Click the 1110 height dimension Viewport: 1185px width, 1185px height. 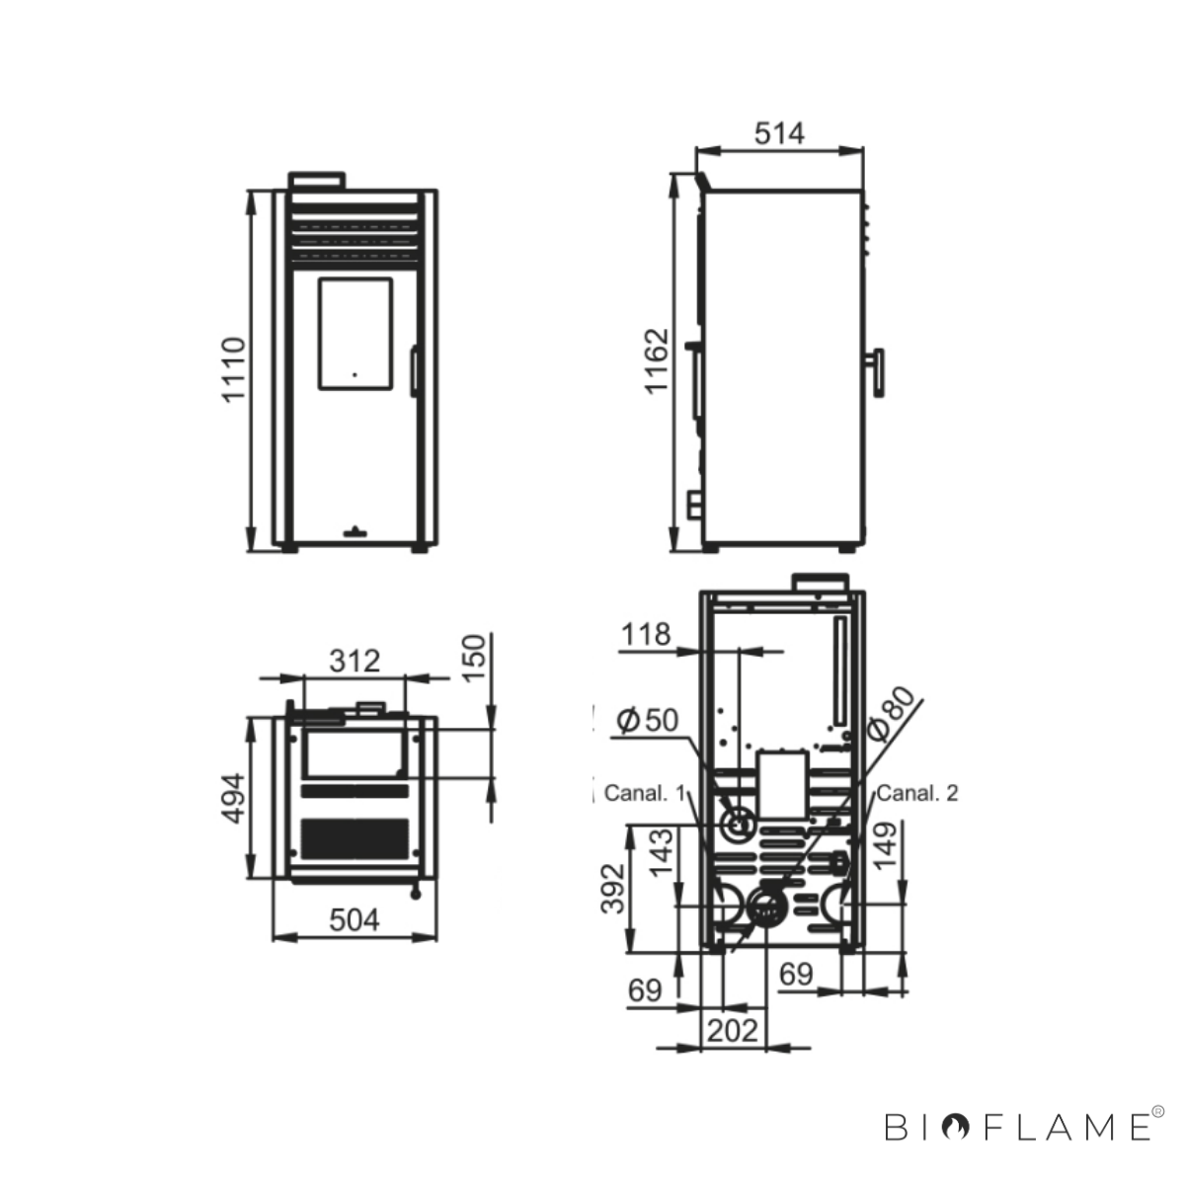pos(234,370)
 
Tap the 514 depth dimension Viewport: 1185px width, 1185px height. pos(779,133)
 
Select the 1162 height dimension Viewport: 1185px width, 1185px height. pos(656,361)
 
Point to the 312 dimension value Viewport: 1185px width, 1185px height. pos(355,661)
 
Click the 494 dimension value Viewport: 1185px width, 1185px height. pos(234,798)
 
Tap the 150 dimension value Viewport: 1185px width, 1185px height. pos(474,659)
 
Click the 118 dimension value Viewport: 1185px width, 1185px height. pos(645,635)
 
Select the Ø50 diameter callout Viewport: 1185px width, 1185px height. pos(648,720)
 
